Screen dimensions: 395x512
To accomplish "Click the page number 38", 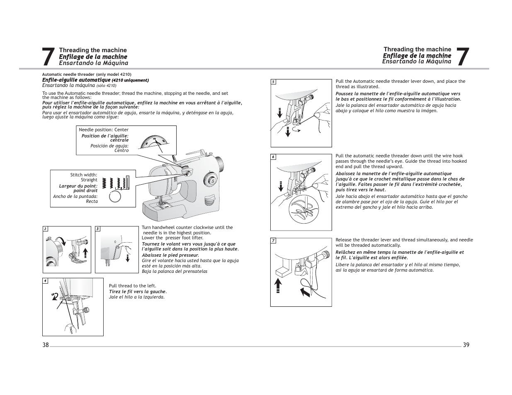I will tap(45, 345).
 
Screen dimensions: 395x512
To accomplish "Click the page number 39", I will tap(466, 345).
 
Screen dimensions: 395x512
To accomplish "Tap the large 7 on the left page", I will tap(48, 57).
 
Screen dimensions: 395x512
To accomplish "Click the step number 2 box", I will tap(45, 229).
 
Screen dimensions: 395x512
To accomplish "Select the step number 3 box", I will tap(98, 229).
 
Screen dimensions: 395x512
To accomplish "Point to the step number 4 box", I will tap(45, 281).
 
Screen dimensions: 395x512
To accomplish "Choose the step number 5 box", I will tap(273, 82).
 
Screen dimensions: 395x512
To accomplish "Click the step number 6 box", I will tap(273, 157).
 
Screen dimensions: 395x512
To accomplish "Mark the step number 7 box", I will tap(273, 241).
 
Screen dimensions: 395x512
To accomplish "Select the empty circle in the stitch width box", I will tap(115, 197).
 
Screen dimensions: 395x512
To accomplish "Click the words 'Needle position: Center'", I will tap(104, 130).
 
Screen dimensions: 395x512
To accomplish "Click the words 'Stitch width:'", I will tap(84, 175).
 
